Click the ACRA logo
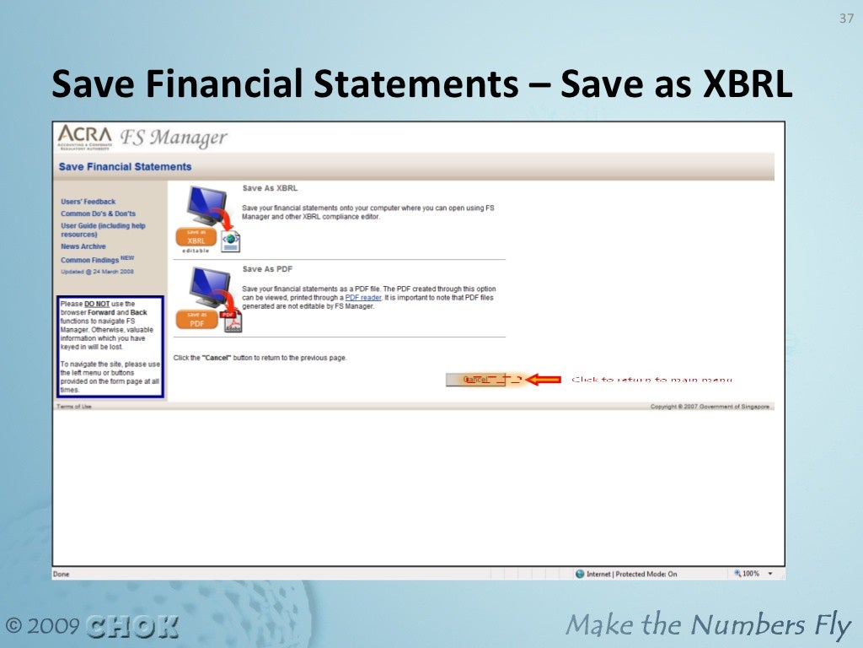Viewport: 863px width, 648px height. click(85, 136)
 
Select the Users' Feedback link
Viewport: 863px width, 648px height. click(88, 202)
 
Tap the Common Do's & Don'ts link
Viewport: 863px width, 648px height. click(98, 213)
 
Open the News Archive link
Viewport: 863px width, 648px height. click(83, 246)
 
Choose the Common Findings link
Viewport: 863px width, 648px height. click(90, 260)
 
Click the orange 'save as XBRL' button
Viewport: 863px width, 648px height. click(195, 239)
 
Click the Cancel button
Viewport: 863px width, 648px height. click(476, 380)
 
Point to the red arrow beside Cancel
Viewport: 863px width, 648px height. click(544, 380)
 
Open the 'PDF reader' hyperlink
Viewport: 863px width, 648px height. click(363, 297)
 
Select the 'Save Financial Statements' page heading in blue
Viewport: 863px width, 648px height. click(125, 167)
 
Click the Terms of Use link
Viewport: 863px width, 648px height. click(74, 407)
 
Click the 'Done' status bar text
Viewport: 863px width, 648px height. click(62, 574)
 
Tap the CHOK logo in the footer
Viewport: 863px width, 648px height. click(132, 626)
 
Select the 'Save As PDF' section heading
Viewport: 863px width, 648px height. click(267, 269)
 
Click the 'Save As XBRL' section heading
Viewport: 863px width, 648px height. click(270, 188)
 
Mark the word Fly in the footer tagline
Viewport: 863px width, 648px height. click(833, 626)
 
